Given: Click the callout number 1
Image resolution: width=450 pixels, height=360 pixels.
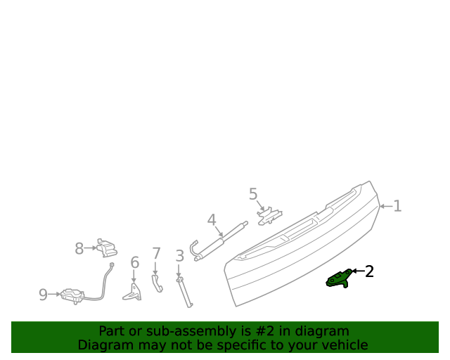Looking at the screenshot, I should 397,206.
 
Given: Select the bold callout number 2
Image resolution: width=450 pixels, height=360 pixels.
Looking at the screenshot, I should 368,271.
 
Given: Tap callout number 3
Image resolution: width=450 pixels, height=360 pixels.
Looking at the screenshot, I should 179,257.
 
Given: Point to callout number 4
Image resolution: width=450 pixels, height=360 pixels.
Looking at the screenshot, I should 212,220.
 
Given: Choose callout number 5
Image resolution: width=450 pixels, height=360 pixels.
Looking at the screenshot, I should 253,194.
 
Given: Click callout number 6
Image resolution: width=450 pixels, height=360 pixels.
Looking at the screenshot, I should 134,263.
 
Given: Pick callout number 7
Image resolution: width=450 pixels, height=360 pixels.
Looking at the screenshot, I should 156,253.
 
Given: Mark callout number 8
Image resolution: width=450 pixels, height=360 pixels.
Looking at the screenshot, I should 79,248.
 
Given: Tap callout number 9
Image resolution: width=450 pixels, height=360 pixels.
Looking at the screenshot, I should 43,295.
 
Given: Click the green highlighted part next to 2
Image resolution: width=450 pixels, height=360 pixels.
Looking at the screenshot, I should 340,278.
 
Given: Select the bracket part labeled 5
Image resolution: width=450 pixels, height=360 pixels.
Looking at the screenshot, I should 269,215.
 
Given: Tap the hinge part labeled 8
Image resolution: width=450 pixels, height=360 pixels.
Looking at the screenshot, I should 107,247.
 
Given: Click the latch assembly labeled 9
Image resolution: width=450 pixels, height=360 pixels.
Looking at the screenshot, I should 71,296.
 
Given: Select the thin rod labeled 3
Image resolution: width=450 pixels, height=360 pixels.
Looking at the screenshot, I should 186,292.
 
